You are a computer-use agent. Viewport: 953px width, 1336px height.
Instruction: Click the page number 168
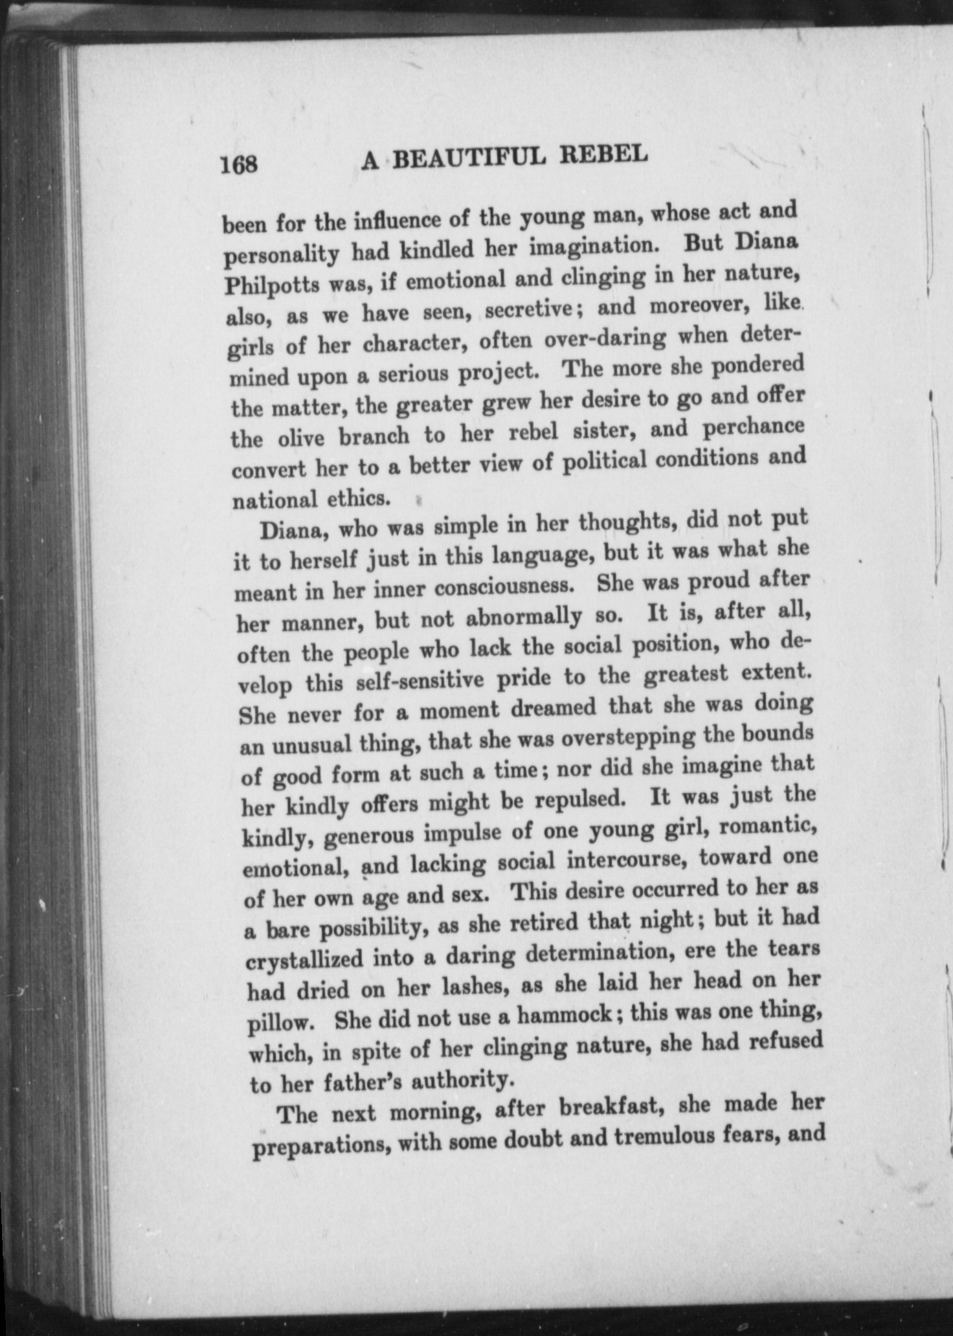(239, 164)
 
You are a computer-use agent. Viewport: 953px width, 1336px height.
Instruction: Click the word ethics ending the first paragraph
(358, 499)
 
